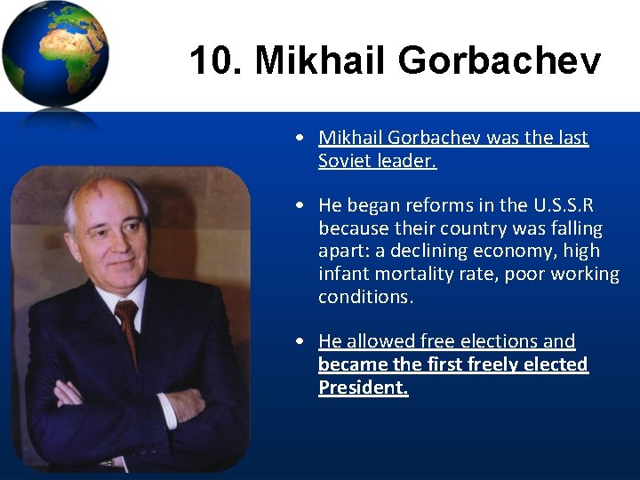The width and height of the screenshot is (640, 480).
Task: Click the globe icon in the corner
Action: click(x=55, y=55)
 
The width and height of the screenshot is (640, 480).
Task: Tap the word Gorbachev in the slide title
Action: click(x=499, y=61)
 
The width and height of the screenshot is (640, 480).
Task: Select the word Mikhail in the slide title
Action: click(x=321, y=61)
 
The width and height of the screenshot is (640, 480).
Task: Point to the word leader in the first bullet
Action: click(x=405, y=162)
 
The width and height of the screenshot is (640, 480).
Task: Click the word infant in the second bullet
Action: click(x=342, y=275)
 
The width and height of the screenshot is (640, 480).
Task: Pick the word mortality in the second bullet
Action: click(x=410, y=275)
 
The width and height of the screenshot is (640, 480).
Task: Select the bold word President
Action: click(x=363, y=388)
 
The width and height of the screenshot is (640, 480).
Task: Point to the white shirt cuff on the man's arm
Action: click(x=166, y=410)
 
